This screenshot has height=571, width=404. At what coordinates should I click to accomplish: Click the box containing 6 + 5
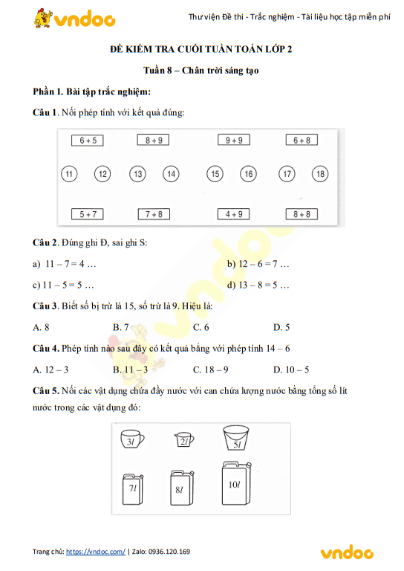coord(88,140)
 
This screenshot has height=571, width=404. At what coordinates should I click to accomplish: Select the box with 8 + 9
coord(154,140)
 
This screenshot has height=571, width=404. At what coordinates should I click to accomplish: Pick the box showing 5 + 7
coord(88,214)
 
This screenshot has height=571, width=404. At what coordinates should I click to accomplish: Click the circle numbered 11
coord(69,174)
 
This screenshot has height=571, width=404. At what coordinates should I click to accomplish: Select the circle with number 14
coord(172,174)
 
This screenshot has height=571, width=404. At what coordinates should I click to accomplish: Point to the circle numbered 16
coord(249,174)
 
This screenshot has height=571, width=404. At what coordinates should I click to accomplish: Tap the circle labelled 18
coord(320,174)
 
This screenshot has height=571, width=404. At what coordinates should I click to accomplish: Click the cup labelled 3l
coord(132,440)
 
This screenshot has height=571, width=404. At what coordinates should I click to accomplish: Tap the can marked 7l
coord(132,488)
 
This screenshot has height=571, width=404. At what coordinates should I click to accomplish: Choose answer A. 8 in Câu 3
coord(42,327)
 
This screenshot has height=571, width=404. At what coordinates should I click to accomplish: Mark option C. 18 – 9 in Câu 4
coord(210,369)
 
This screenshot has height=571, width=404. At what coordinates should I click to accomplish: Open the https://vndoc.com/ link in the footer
coord(96,552)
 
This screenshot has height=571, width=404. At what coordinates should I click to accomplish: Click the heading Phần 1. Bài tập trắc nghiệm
coord(92,91)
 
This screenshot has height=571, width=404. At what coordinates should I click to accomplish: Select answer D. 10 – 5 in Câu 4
coord(291,369)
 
